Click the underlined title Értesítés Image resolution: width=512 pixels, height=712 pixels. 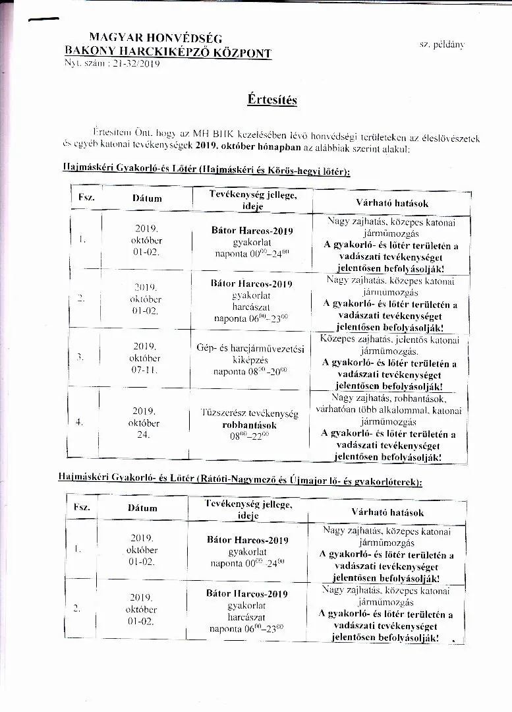tap(272, 100)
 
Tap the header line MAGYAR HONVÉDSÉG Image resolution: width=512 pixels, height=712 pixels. tap(156, 38)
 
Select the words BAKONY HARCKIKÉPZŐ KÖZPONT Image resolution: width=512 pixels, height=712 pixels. tap(168, 51)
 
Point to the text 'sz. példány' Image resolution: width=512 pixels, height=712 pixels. tap(441, 44)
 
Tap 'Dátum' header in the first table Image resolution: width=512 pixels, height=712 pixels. tap(146, 198)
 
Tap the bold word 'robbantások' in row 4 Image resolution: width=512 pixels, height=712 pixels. tap(249, 425)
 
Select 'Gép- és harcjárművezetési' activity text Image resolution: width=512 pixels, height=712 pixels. tap(250, 348)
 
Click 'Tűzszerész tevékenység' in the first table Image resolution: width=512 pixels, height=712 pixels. tap(249, 413)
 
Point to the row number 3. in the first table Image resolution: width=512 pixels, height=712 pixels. tap(80, 357)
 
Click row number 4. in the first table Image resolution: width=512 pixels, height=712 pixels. tap(79, 422)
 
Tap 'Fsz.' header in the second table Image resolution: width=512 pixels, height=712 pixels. tap(82, 507)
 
